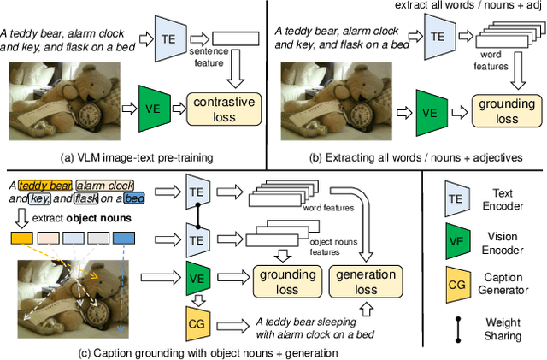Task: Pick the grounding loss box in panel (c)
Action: (283, 281)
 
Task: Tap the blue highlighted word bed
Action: (134, 198)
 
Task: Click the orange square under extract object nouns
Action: (21, 235)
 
